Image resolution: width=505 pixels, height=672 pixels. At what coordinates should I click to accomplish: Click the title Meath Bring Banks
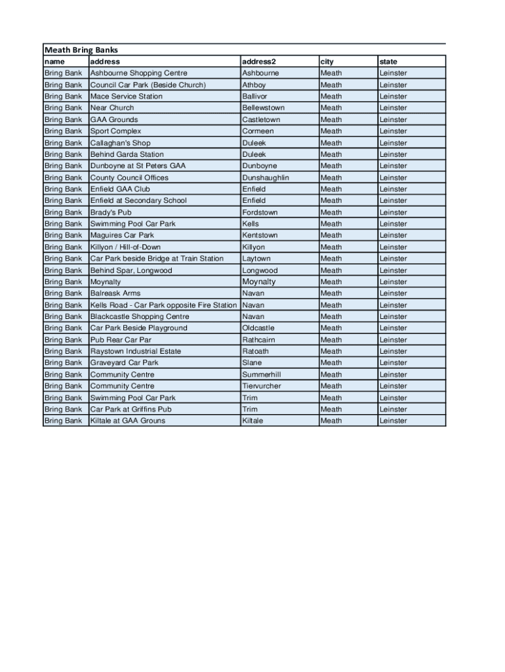[x=81, y=50]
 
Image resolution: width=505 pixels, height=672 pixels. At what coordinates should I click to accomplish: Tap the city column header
[x=327, y=62]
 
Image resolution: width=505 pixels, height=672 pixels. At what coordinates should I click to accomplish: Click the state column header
[x=388, y=62]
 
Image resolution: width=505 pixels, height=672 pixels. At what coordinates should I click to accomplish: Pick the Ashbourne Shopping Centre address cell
[x=138, y=73]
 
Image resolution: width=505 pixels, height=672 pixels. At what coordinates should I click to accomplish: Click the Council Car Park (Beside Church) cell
[x=148, y=85]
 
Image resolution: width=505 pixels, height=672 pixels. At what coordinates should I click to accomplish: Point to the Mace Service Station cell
[x=126, y=96]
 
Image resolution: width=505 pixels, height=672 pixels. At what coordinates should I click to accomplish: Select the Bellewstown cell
[x=263, y=108]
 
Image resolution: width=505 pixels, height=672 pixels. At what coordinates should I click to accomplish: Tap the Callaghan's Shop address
[x=120, y=143]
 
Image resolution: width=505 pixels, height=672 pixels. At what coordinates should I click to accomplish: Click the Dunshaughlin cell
[x=265, y=178]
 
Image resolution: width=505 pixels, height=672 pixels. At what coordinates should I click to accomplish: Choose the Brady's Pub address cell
[x=111, y=213]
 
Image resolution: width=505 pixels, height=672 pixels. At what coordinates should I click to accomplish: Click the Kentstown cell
[x=260, y=235]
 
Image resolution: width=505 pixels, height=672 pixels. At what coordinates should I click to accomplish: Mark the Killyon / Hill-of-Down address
[x=125, y=247]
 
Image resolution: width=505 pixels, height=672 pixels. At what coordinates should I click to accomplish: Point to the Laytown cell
[x=256, y=259]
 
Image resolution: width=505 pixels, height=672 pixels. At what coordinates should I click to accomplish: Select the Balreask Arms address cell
[x=115, y=293]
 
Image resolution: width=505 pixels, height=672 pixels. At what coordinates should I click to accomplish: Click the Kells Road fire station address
[x=163, y=305]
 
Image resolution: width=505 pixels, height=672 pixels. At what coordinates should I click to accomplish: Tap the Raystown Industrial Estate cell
[x=135, y=351]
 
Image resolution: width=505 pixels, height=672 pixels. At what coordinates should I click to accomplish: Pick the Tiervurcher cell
[x=261, y=386]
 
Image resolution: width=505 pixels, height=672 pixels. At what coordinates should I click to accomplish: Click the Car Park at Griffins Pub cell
[x=131, y=409]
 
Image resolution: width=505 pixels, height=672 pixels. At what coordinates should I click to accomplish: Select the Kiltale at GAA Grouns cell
[x=127, y=421]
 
